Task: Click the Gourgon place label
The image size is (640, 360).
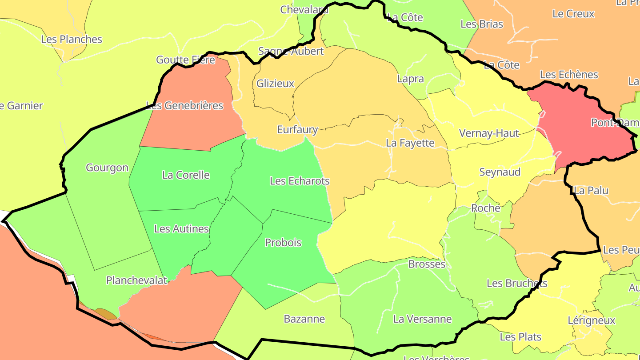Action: (x=107, y=168)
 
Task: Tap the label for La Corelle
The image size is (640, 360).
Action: (x=186, y=175)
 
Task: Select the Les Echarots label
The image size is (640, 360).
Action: (x=300, y=181)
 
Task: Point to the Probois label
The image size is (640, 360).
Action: (x=283, y=243)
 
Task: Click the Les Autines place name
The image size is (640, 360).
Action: (x=181, y=229)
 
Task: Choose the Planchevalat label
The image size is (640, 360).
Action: (x=136, y=280)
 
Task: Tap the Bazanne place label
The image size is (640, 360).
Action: (x=304, y=319)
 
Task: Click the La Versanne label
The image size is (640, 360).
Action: (x=422, y=319)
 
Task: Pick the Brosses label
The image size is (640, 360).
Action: (x=427, y=264)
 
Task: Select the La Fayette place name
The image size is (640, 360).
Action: (x=410, y=143)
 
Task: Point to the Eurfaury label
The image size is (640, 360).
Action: (x=297, y=130)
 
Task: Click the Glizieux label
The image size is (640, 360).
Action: (x=275, y=84)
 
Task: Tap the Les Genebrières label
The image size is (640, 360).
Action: (x=184, y=106)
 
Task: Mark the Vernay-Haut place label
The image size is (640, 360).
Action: (x=488, y=133)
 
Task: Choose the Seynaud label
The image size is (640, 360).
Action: (x=500, y=172)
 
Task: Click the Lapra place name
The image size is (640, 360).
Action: (x=410, y=79)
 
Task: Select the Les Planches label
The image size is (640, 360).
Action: (x=72, y=40)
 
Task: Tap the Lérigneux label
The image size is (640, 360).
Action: (x=592, y=320)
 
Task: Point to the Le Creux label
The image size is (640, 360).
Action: (x=573, y=14)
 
